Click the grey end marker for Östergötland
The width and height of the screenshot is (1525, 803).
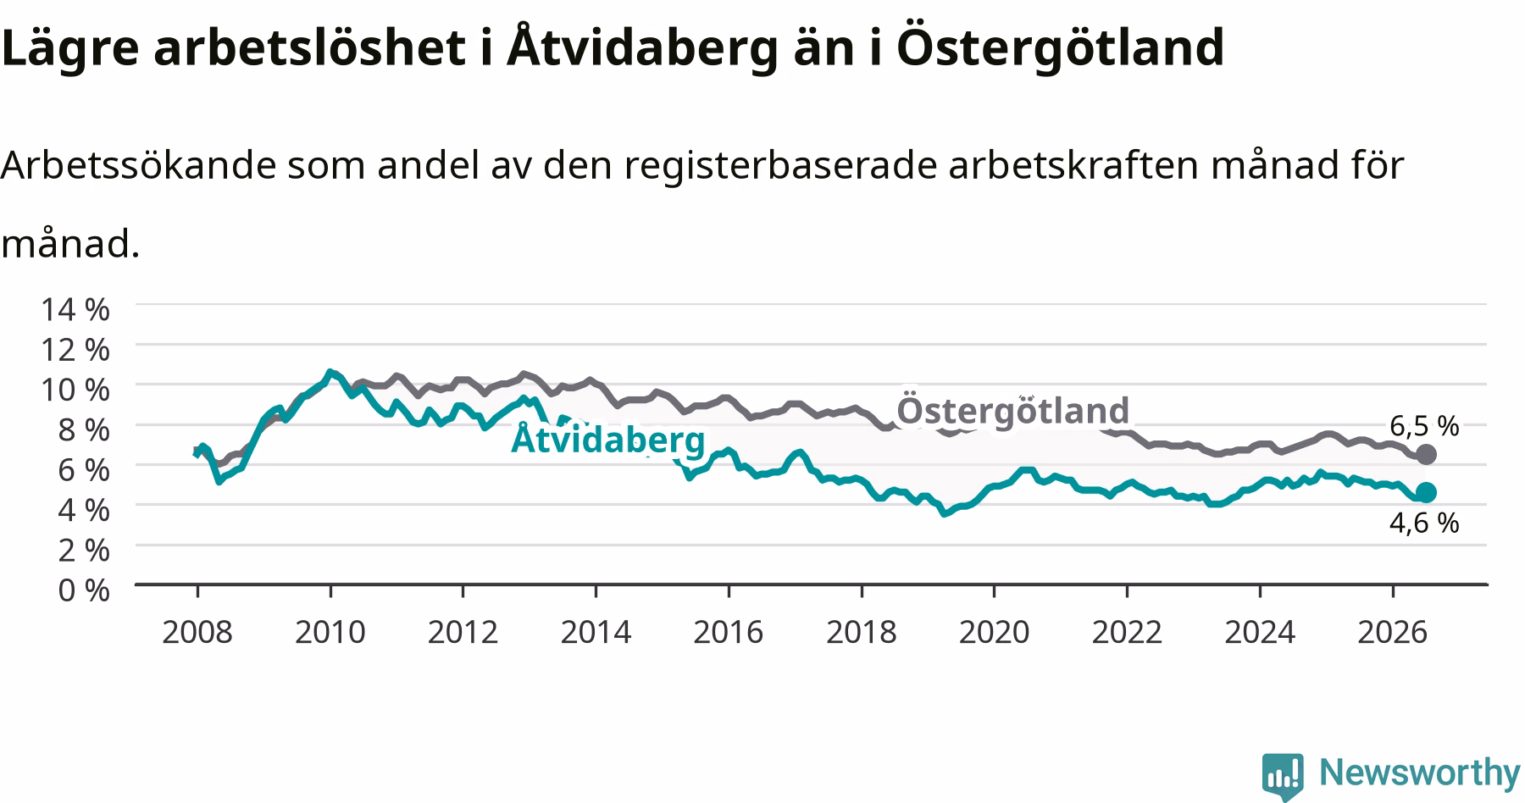[x=1426, y=454]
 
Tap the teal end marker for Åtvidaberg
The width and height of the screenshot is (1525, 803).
[x=1426, y=492]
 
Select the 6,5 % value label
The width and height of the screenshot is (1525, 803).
[x=1424, y=425]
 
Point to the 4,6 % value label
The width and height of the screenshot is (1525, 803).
[x=1424, y=523]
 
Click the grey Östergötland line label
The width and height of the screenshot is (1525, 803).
[x=1013, y=410]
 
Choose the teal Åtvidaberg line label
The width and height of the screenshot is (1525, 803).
[x=608, y=439]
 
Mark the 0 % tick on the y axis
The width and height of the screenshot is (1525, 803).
[x=84, y=590]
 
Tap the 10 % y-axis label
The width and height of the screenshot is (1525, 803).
[x=75, y=389]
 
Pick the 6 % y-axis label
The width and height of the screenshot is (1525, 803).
[x=84, y=469]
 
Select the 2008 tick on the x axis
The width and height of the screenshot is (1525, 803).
[x=197, y=632]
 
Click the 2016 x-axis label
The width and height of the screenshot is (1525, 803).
[x=729, y=632]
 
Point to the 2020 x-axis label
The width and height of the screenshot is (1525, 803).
[x=994, y=632]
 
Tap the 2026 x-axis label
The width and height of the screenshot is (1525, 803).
[x=1393, y=632]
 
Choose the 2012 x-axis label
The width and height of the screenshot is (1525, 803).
[x=463, y=632]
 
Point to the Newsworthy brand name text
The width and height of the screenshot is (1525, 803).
[x=1420, y=773]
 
